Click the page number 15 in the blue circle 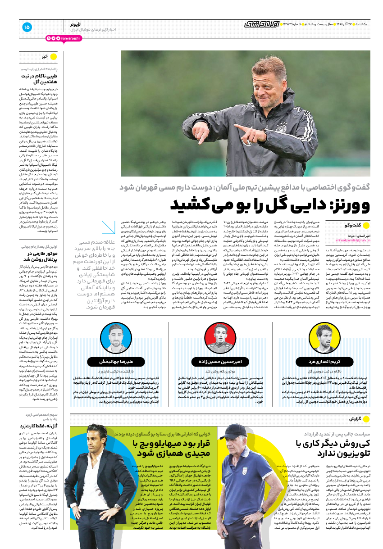26,27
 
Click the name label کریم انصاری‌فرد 324,362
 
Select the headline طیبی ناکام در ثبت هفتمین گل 38,79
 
